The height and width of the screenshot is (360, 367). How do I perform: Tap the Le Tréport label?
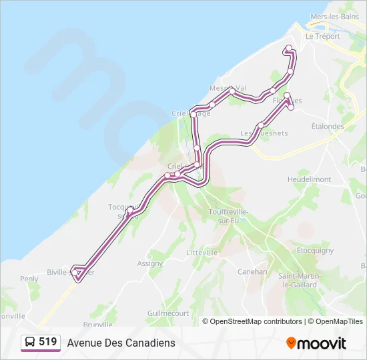click(320, 37)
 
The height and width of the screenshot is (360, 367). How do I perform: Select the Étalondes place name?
click(328, 126)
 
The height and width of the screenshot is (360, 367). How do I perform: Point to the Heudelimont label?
click(309, 180)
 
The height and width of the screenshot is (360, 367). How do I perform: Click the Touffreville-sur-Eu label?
click(228, 215)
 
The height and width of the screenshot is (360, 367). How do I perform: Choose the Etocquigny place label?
click(315, 251)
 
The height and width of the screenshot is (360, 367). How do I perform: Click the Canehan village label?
click(252, 272)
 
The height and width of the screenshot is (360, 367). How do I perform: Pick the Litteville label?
click(202, 253)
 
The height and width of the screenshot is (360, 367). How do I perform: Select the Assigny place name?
click(149, 263)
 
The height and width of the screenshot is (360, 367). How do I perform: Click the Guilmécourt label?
click(168, 313)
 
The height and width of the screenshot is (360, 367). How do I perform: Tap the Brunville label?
click(98, 325)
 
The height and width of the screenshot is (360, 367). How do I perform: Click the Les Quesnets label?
click(255, 133)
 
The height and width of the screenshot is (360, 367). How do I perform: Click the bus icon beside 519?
click(31, 343)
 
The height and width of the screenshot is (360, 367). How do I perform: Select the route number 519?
click(48, 342)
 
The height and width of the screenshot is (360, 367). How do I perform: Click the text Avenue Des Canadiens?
click(121, 343)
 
